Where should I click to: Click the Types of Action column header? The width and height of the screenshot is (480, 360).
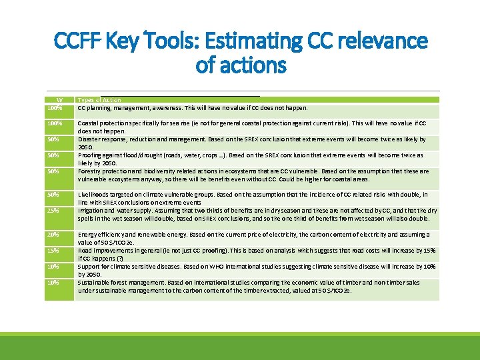(x=99, y=100)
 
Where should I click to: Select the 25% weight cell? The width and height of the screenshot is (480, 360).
(x=54, y=211)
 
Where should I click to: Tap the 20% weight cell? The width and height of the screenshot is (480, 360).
(x=54, y=235)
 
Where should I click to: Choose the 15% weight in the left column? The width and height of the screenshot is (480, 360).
(x=54, y=251)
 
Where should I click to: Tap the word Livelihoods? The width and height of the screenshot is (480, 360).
(x=93, y=195)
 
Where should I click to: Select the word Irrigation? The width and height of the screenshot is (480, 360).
(x=91, y=211)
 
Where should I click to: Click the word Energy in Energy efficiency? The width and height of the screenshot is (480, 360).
(x=87, y=235)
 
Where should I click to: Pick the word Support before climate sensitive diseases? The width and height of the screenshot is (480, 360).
(x=89, y=267)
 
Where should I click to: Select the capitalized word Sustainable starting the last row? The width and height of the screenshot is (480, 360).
(x=94, y=283)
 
